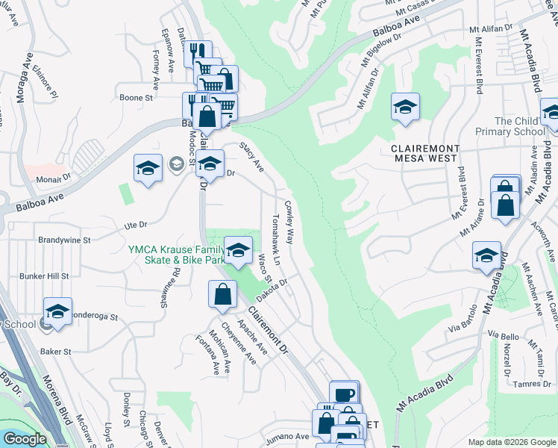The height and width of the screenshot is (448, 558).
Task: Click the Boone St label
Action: pos(136,97)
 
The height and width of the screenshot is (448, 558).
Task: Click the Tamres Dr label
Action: pos(532,385)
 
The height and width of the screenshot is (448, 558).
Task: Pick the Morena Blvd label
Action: pos(55,403)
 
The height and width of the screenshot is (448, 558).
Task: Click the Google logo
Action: pos(24,439)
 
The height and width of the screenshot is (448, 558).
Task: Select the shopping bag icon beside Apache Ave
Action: pos(223,293)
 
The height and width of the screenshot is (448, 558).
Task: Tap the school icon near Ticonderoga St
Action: pos(57,311)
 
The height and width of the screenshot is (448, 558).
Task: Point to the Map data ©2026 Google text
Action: pos(511,442)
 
